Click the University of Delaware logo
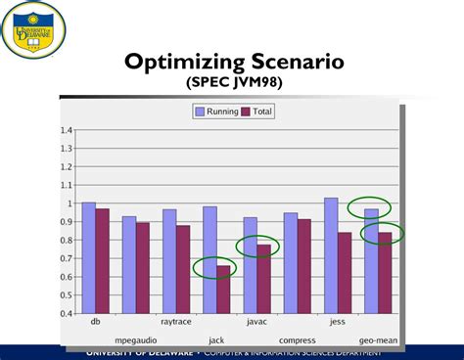coord(34,28)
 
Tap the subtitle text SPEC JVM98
coord(234,84)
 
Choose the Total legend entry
coord(256,112)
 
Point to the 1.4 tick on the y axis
coord(68,130)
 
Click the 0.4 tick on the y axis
coord(68,314)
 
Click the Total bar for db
coord(103,261)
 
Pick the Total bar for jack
coord(224,290)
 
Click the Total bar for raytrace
coord(183,270)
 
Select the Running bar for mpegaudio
coord(129,265)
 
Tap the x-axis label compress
coord(298,338)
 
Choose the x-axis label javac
coord(256,321)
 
